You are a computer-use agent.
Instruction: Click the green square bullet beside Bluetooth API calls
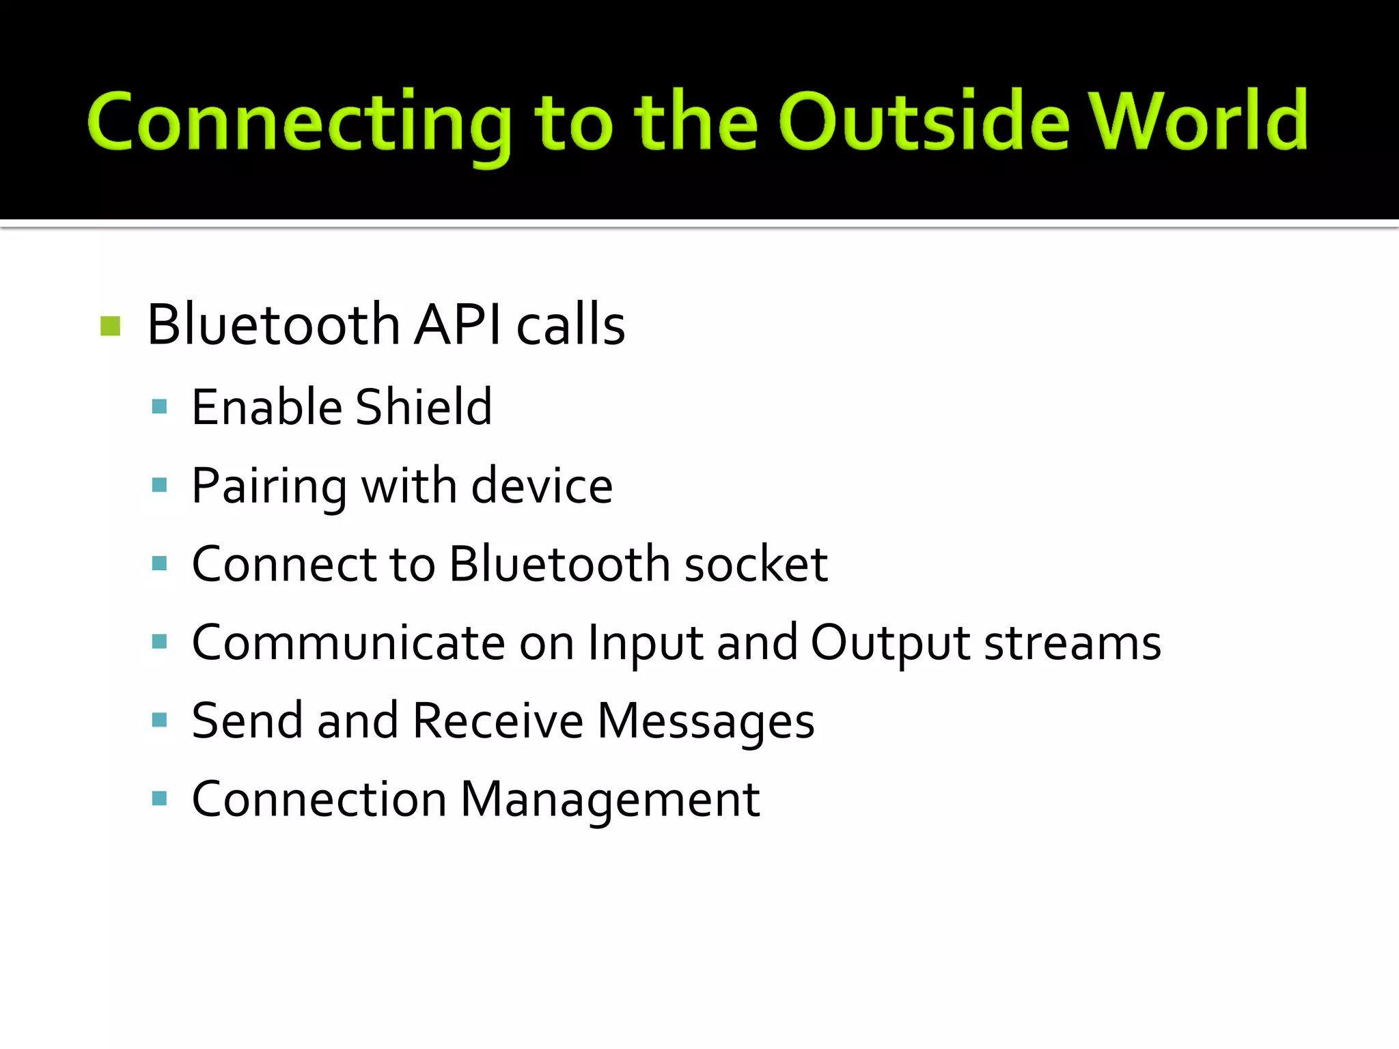pyautogui.click(x=110, y=326)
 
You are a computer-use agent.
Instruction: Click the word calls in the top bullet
pyautogui.click(x=570, y=324)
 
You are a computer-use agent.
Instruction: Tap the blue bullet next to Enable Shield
pyautogui.click(x=160, y=407)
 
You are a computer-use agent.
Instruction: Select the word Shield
pyautogui.click(x=424, y=407)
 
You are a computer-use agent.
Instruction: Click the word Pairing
pyautogui.click(x=269, y=486)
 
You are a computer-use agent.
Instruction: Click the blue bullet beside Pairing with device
pyautogui.click(x=160, y=486)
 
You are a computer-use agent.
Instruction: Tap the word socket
pyautogui.click(x=756, y=565)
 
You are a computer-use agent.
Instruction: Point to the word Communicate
pyautogui.click(x=348, y=643)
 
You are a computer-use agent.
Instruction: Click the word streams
pyautogui.click(x=1072, y=643)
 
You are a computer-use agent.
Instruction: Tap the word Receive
pyautogui.click(x=498, y=721)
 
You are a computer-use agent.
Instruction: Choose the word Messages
pyautogui.click(x=706, y=723)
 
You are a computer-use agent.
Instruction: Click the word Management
pyautogui.click(x=610, y=800)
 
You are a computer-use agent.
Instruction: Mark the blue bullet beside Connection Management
pyautogui.click(x=160, y=798)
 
